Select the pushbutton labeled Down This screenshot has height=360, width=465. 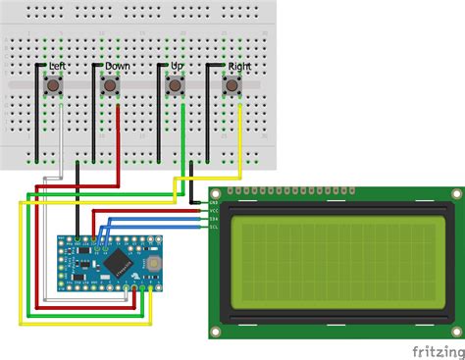[x=110, y=88]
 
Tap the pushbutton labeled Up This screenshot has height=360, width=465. [x=175, y=88]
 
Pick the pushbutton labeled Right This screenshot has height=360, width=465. [x=233, y=88]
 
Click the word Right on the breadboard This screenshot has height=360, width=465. [x=239, y=66]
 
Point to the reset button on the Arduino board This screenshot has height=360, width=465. [x=152, y=265]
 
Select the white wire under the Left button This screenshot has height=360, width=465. [x=60, y=132]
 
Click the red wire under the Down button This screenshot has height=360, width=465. [x=119, y=132]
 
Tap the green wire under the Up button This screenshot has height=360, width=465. [x=183, y=132]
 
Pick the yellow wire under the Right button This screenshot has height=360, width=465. [x=242, y=132]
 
